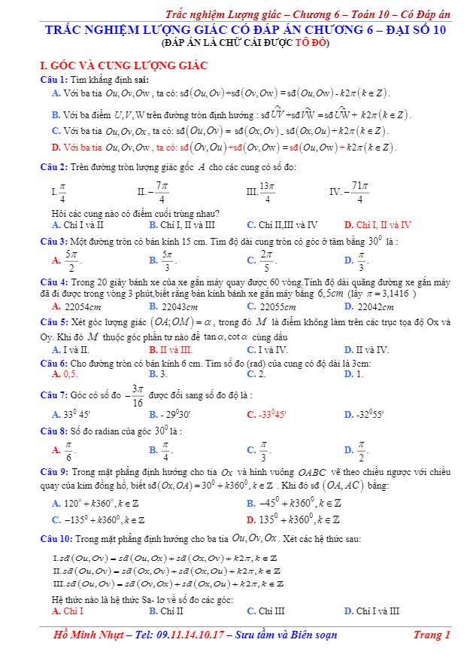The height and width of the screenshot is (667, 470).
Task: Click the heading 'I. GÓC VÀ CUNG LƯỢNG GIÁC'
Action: click(x=123, y=65)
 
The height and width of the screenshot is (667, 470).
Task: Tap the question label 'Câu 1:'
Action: click(x=54, y=79)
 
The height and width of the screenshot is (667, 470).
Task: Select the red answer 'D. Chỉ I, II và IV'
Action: click(x=378, y=224)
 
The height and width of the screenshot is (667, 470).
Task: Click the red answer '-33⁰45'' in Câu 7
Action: click(x=267, y=414)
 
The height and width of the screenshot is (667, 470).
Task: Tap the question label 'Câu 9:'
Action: click(x=54, y=472)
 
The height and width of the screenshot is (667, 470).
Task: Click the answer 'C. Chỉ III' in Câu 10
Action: click(x=265, y=611)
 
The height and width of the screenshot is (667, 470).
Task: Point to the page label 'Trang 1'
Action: click(x=432, y=635)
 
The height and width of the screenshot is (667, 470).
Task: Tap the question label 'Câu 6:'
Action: click(x=54, y=363)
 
